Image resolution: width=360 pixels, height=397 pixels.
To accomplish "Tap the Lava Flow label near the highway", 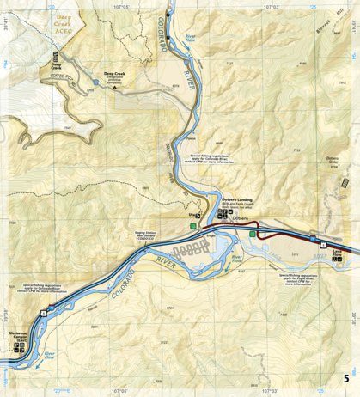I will [337, 253].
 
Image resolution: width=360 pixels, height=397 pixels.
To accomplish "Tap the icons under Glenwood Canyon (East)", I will [19, 349].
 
